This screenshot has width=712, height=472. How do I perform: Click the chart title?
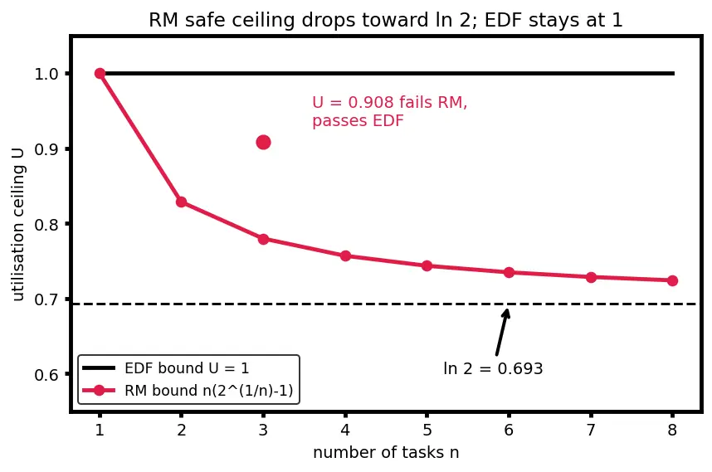coord(386,20)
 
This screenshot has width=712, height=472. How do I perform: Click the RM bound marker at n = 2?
coord(181,202)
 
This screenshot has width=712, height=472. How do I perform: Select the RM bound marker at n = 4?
coord(345,256)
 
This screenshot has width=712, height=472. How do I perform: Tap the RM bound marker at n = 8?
coord(672,281)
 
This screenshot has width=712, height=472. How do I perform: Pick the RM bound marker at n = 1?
coord(100,74)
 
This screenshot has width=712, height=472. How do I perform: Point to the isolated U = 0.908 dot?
coord(263,143)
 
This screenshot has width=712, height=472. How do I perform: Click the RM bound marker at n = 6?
coord(509,273)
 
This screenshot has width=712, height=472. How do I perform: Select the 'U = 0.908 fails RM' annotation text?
coord(389,103)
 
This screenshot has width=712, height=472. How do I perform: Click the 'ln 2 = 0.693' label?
coord(493,368)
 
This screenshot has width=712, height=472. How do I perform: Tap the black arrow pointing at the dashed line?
coord(503,332)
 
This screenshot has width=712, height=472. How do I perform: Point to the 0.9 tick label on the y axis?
coord(46,149)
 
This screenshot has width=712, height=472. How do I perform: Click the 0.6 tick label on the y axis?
coord(46,375)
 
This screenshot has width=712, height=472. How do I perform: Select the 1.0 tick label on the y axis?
coord(46,74)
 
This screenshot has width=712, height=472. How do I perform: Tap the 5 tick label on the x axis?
coord(427,430)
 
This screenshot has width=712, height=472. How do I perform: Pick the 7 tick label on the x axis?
coord(591,430)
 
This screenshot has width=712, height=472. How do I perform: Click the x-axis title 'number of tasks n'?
coord(386,452)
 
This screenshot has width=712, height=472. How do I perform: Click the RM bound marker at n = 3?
coord(263,239)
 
